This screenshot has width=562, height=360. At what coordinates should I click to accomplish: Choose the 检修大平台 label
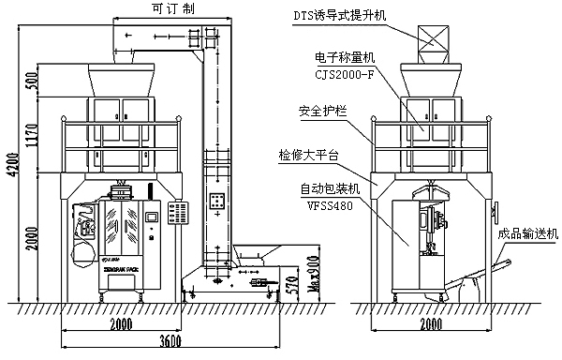pos(308,153)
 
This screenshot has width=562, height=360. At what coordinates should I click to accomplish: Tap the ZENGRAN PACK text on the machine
pos(121,268)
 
